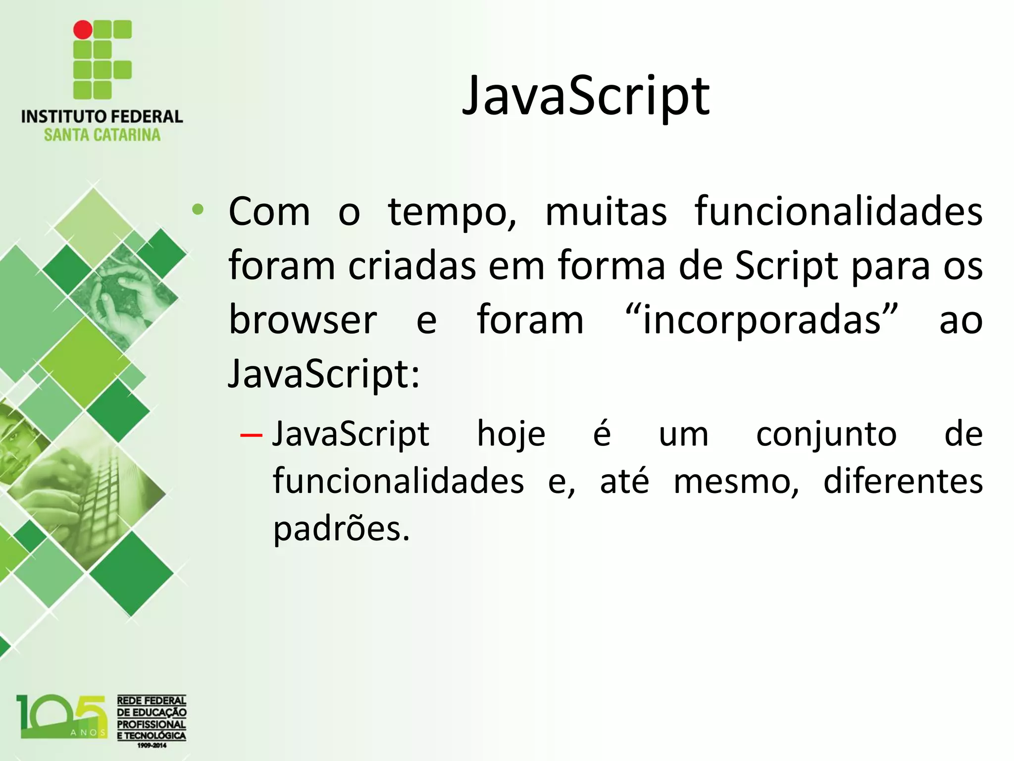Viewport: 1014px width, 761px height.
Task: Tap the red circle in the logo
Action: coord(83,30)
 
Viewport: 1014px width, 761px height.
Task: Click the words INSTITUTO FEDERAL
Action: coord(102,117)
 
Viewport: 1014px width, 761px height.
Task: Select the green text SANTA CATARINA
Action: coord(102,135)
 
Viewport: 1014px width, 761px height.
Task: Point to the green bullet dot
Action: coord(198,210)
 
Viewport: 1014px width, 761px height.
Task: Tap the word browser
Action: coord(303,320)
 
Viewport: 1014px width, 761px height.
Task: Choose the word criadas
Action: coord(412,266)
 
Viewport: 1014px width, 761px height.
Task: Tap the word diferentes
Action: coord(903,481)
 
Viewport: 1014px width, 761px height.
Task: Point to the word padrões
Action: coord(341,529)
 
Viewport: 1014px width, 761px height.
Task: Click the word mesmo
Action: coord(735,482)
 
